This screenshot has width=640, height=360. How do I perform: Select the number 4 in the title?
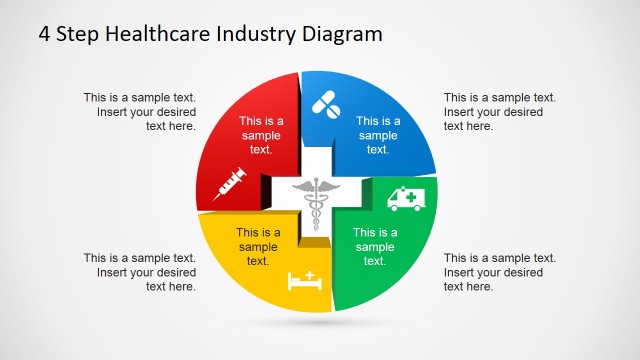point(45,34)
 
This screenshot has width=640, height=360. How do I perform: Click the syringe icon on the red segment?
point(230,183)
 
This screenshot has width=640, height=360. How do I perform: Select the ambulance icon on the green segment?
point(405,197)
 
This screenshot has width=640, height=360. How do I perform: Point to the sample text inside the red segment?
point(261,135)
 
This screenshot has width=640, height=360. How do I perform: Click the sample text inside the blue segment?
point(377,135)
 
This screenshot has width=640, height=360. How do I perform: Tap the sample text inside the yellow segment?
point(258,247)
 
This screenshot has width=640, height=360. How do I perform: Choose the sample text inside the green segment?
point(375,247)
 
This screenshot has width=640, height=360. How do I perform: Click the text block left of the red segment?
point(140,112)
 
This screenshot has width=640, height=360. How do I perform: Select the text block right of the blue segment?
point(500,112)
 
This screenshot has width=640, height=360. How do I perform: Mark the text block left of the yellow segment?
point(140,272)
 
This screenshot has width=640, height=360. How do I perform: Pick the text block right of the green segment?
point(500,272)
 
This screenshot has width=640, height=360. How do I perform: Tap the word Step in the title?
point(78,34)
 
